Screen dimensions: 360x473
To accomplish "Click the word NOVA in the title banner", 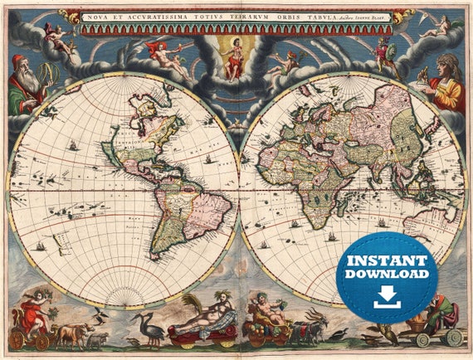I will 100,17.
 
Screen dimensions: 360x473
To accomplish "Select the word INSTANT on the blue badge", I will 387,258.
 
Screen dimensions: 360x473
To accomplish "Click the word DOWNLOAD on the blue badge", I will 387,273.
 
